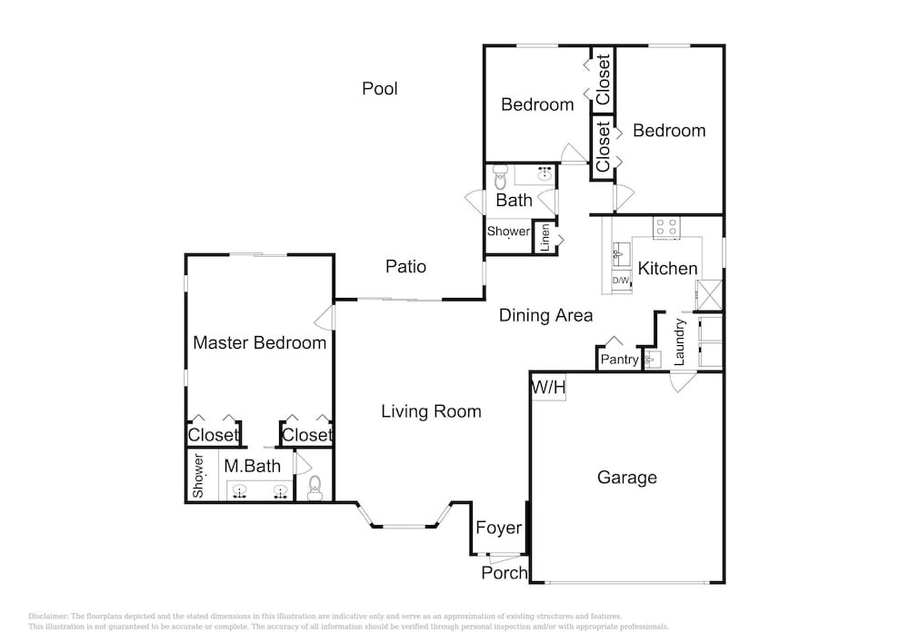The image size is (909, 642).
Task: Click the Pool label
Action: click(380, 89)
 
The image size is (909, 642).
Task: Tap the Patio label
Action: click(405, 266)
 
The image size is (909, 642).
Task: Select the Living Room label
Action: click(431, 411)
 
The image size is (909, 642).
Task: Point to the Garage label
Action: click(626, 478)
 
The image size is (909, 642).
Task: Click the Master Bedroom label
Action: click(260, 342)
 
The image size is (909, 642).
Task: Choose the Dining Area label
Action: click(546, 315)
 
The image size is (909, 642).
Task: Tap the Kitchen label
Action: click(667, 269)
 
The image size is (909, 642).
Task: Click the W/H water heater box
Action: click(548, 387)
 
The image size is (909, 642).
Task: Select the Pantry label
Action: click(619, 360)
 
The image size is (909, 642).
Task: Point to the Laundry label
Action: click(679, 342)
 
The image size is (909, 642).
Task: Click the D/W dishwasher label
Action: click(620, 281)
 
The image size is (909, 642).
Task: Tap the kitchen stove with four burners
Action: click(666, 227)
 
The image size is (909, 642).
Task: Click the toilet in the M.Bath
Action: click(315, 488)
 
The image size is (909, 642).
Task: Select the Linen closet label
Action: click(544, 238)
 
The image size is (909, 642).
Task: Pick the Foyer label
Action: click(498, 528)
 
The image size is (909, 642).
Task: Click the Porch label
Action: click(504, 573)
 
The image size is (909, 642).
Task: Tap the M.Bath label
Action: click(252, 466)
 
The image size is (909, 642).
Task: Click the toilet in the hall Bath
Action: click(500, 178)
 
